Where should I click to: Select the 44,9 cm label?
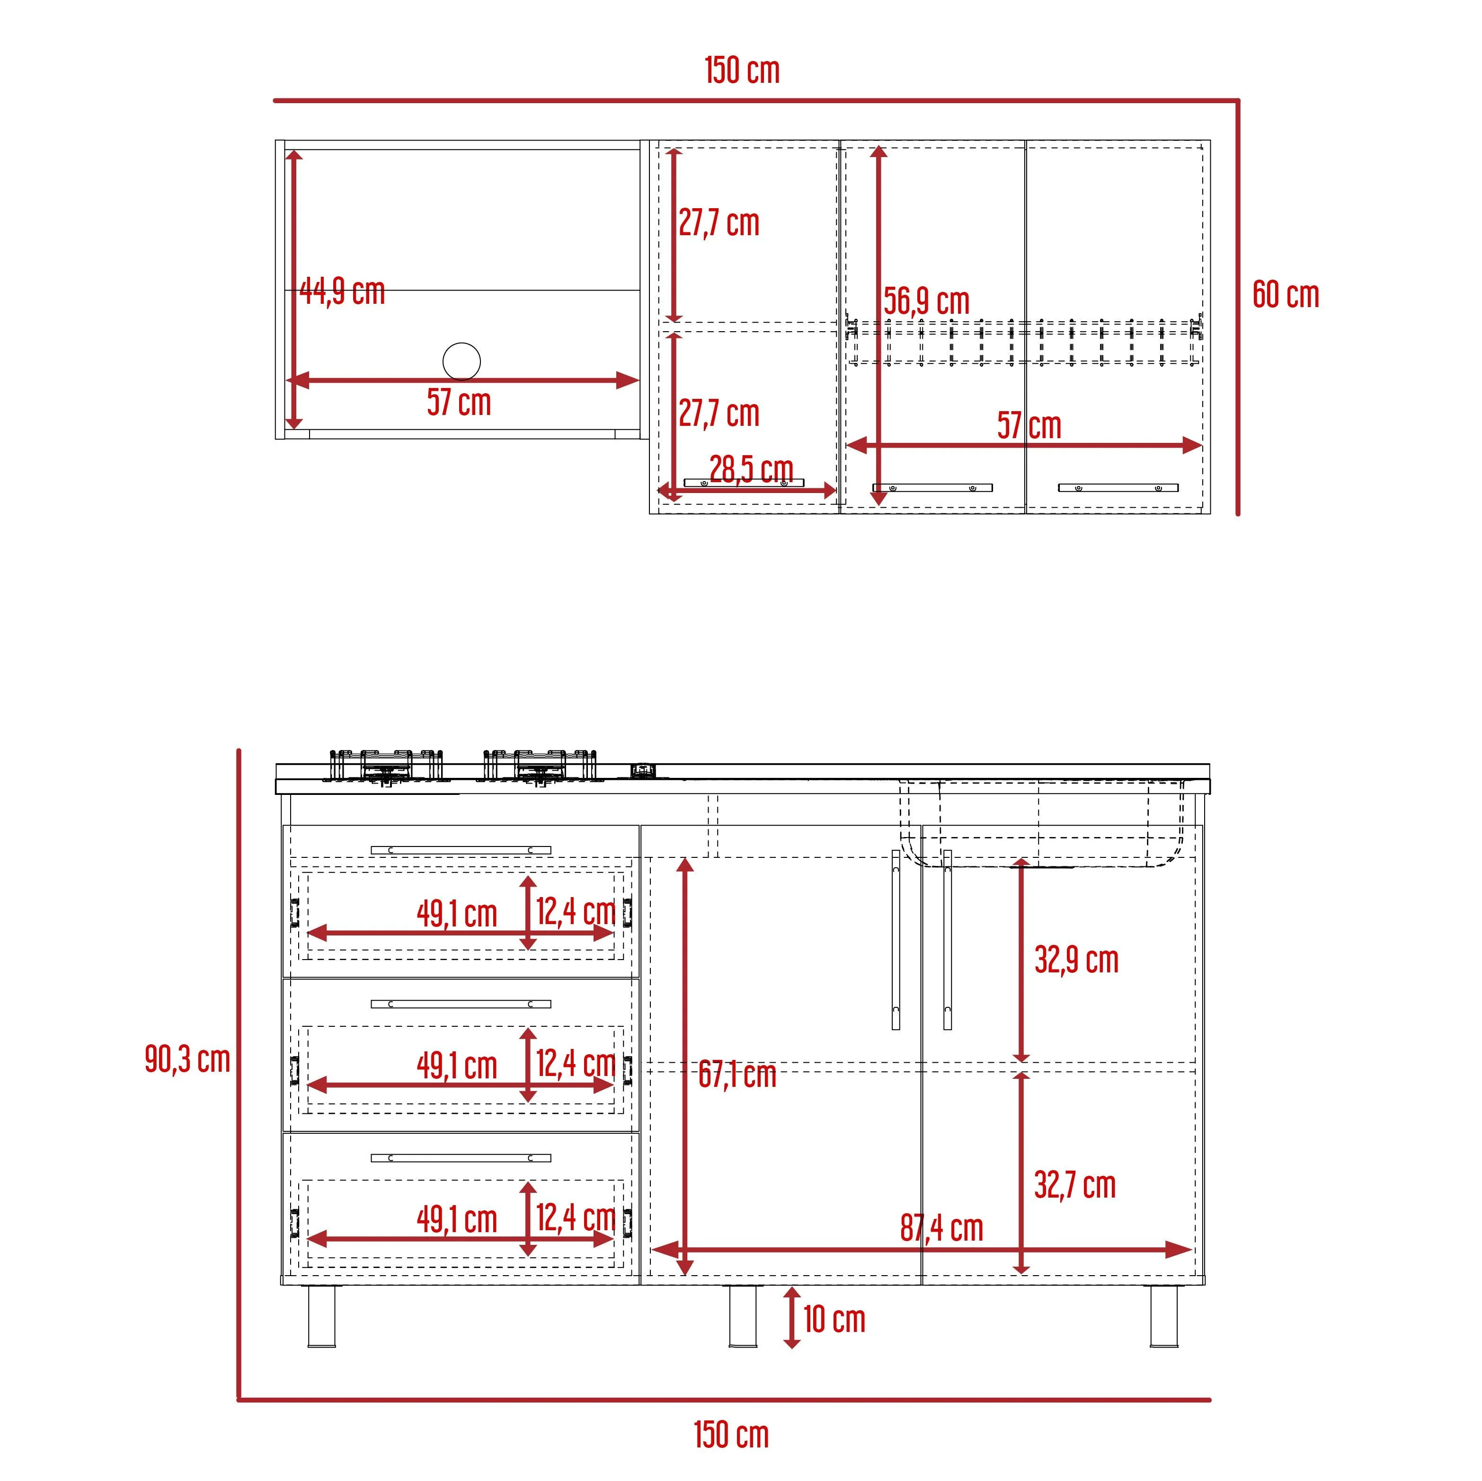342,291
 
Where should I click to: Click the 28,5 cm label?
751,469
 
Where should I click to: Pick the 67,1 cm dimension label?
737,1075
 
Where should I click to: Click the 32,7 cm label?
1074,1185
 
